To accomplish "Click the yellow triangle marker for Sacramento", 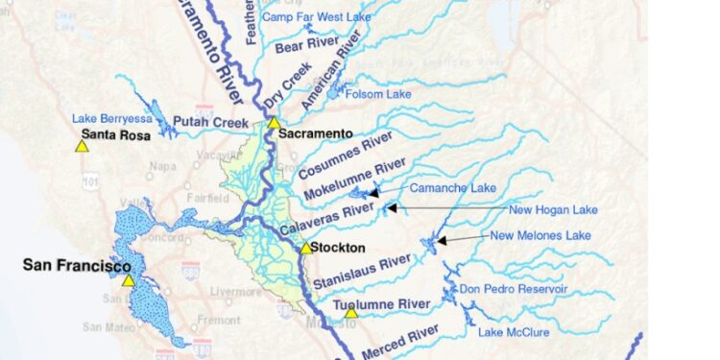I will [x=274, y=122].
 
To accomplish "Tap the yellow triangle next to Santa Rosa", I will [x=82, y=146].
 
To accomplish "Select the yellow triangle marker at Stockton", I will [x=306, y=248].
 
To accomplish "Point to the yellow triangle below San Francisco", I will [x=128, y=280].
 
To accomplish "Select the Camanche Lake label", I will [x=453, y=188].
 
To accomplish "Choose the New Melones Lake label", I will [x=540, y=235].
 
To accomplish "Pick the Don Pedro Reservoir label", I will [x=513, y=289].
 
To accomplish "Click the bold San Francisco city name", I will [x=77, y=265].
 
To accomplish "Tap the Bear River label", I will [x=303, y=45].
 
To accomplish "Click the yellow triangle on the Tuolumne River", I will [x=351, y=312].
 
